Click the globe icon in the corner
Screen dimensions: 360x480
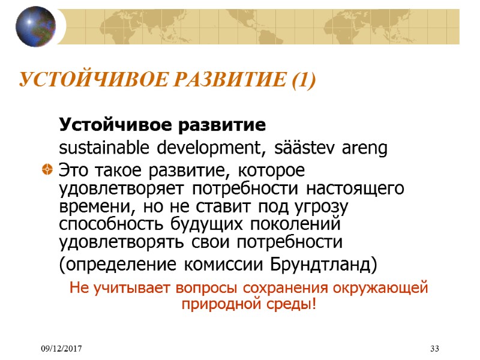pyautogui.click(x=35, y=26)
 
